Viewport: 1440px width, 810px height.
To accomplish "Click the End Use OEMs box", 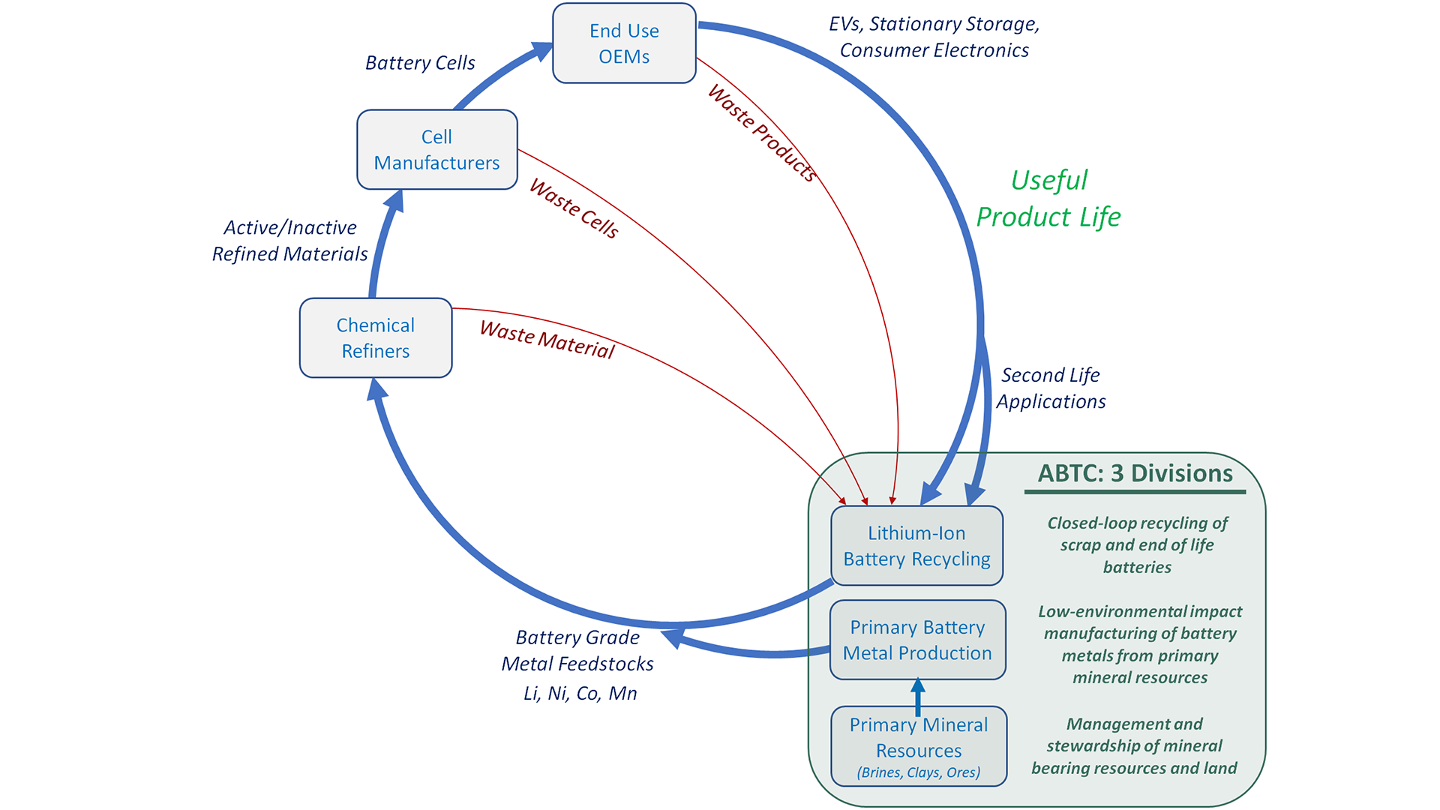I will click(x=624, y=43).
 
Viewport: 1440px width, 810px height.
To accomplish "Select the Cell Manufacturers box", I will click(x=436, y=150).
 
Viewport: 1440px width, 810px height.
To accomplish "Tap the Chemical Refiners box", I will click(x=375, y=338).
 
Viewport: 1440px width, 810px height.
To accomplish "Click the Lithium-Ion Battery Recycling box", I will click(x=916, y=546).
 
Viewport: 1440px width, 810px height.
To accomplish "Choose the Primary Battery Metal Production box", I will click(x=917, y=640).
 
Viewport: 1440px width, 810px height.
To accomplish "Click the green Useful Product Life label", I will click(x=1048, y=199).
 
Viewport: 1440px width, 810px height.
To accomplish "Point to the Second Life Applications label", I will click(x=1051, y=388).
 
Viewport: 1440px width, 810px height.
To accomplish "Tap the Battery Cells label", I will click(x=420, y=63).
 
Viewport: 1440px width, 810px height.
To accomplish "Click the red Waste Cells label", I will click(x=574, y=208).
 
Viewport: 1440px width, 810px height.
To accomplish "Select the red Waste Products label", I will click(x=762, y=133).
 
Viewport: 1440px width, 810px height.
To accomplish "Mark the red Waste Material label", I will click(x=547, y=340).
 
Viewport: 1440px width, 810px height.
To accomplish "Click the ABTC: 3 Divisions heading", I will click(x=1135, y=473).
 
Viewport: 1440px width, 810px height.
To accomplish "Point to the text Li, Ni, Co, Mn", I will click(x=580, y=694).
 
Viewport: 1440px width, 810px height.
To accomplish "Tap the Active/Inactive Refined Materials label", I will click(x=290, y=241).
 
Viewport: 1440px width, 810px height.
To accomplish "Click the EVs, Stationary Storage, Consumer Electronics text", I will click(x=934, y=37).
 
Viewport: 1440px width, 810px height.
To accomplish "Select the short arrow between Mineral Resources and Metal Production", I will click(x=917, y=697).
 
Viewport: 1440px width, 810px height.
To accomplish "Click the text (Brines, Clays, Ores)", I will click(x=919, y=772).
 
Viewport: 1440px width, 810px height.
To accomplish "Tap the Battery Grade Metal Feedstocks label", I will click(x=577, y=650).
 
